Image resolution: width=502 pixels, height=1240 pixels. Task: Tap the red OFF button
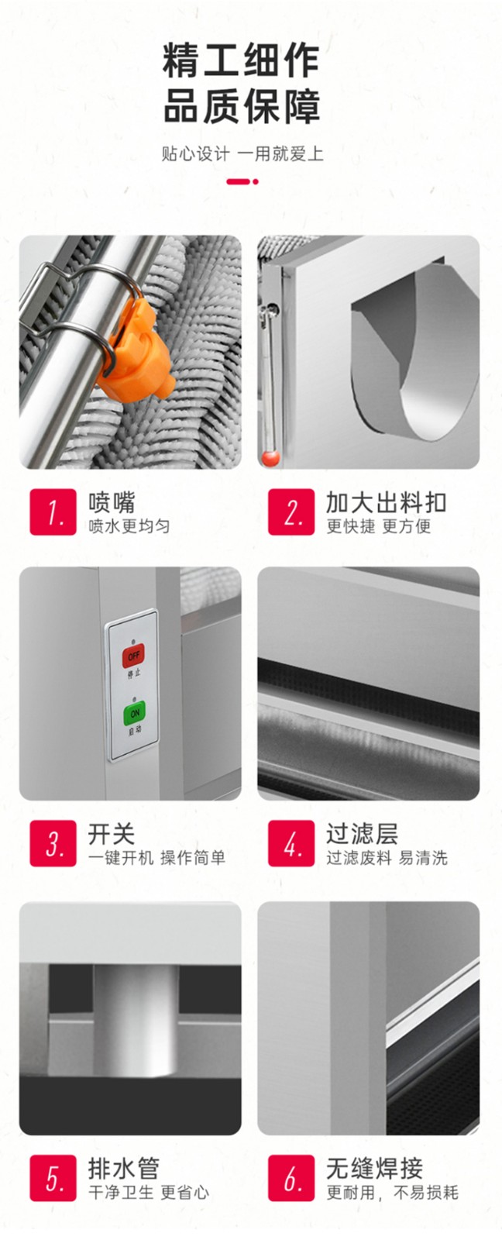click(133, 656)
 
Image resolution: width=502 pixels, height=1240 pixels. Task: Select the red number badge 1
click(53, 512)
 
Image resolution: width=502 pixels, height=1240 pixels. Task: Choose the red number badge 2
click(291, 512)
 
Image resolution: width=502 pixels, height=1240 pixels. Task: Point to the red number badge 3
click(53, 843)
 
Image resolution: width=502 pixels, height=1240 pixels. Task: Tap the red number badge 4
click(291, 843)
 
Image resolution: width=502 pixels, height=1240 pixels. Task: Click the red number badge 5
click(53, 1178)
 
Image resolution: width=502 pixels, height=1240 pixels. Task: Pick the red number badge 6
click(291, 1178)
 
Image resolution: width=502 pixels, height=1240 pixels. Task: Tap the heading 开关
click(112, 834)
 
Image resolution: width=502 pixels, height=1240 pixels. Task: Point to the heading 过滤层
click(362, 834)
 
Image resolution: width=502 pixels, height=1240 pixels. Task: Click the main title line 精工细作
click(241, 61)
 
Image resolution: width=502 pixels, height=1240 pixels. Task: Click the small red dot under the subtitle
click(255, 181)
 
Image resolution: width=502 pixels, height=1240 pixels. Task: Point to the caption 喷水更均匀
click(129, 526)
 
